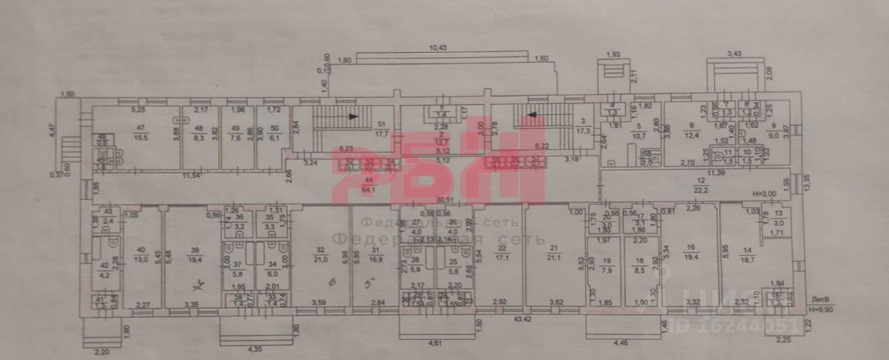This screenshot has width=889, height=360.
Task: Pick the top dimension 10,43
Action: click(x=438, y=48)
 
